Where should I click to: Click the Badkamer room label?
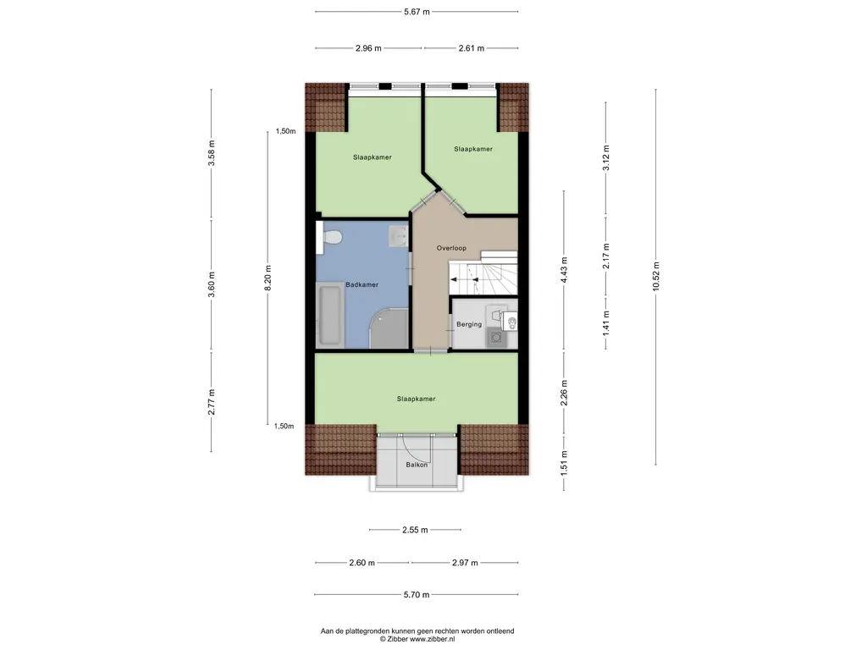coord(362,284)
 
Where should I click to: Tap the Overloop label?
coord(451,248)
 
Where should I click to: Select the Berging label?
coord(469,324)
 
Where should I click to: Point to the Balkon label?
coord(417,465)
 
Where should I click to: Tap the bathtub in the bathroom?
coord(330,315)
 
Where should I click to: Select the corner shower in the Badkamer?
coord(389,328)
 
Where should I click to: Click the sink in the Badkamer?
coord(398,236)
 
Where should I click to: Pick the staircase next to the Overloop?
coord(483,273)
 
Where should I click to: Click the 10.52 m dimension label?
coord(656,277)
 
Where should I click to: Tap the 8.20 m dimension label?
coord(268,278)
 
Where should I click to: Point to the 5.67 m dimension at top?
coord(417,12)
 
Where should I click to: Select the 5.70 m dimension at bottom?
coord(417,595)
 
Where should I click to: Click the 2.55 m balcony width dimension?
coord(415,530)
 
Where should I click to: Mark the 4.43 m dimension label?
coord(563,270)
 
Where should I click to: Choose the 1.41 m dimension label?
coord(606,323)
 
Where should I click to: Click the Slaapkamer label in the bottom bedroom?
coord(416,399)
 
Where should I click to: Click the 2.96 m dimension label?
coord(368,48)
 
